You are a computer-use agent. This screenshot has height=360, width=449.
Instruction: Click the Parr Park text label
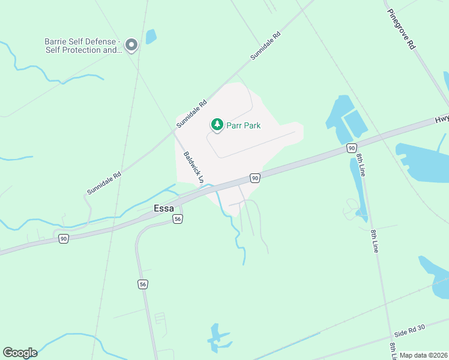tap(243, 125)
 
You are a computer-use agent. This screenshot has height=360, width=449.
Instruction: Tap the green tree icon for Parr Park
tap(217, 125)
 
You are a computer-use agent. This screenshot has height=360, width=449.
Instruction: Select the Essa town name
tap(164, 209)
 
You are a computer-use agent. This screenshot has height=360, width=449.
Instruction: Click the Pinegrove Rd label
tap(401, 29)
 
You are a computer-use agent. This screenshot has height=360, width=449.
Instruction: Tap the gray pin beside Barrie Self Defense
tap(131, 45)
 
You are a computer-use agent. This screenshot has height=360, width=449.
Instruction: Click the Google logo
tap(20, 353)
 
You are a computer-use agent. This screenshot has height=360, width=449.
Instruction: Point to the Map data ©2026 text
tap(424, 355)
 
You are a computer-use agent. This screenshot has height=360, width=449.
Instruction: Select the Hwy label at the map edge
tap(442, 120)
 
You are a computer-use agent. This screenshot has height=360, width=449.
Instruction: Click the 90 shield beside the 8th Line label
tap(351, 148)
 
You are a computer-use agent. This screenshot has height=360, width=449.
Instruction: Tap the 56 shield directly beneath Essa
tap(178, 220)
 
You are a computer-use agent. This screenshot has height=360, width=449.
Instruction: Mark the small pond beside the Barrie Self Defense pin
tap(151, 37)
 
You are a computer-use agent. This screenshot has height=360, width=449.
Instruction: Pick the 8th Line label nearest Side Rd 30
tap(393, 347)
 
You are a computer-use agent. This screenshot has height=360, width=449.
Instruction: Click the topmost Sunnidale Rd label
tap(266, 46)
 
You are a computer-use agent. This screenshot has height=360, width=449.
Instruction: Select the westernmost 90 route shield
tap(64, 239)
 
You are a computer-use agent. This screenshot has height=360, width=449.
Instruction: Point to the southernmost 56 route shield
tap(142, 284)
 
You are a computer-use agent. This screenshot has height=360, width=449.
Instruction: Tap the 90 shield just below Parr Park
tap(255, 178)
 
